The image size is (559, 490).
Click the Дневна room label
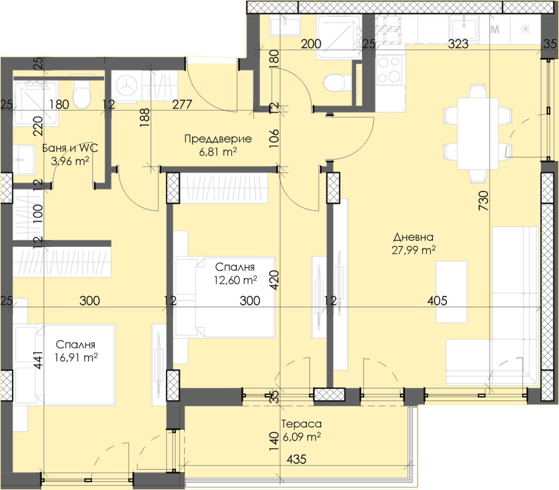coord(413,237)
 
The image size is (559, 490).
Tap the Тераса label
coord(301,424)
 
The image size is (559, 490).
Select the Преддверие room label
coord(218,139)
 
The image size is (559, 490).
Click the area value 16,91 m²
coord(76,357)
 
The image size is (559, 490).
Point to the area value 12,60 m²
coord(236,280)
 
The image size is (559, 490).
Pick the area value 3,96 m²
coord(70,161)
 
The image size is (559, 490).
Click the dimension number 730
coord(484,200)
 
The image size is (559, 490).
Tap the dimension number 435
coord(296,459)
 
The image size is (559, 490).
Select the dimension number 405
coord(437,301)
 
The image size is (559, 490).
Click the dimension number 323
coord(458,44)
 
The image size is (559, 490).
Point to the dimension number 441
coord(38,360)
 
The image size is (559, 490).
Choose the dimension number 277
coord(182,105)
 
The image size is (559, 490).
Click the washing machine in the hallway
coord(127,86)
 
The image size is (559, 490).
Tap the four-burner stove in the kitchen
coord(389,70)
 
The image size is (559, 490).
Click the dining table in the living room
coord(478,134)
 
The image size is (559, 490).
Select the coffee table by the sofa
coord(451,292)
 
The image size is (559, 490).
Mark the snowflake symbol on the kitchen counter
coord(526,29)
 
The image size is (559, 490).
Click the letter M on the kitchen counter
coord(495,29)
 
